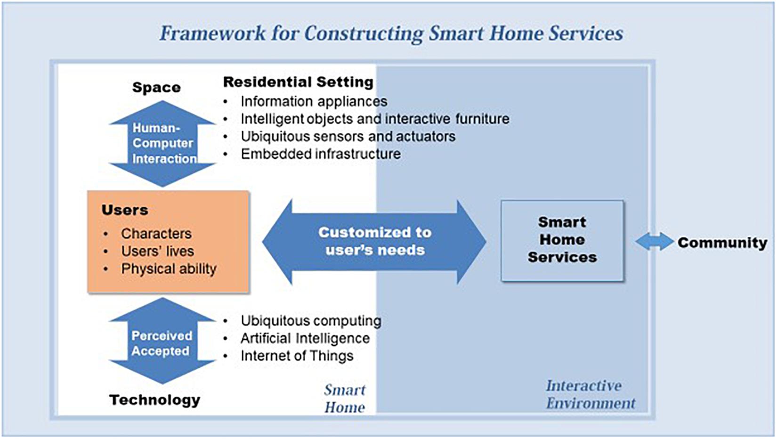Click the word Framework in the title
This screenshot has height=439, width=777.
tap(213, 33)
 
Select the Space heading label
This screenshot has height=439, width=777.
tap(156, 88)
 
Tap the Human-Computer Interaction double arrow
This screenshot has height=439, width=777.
tap(162, 144)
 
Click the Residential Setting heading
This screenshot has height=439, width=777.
tap(298, 82)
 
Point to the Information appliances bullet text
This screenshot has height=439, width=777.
tap(314, 102)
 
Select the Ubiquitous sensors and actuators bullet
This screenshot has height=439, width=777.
tap(348, 137)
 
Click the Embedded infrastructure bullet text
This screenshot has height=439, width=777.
tap(321, 154)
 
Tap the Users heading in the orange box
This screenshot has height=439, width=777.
tap(125, 210)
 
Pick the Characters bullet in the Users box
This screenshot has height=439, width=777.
tap(156, 234)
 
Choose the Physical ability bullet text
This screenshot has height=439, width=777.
tap(169, 269)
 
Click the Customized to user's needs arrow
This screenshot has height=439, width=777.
tap(374, 242)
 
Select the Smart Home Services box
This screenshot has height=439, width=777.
tap(562, 241)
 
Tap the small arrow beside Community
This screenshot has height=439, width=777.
tap(655, 242)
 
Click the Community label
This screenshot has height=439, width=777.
tap(722, 243)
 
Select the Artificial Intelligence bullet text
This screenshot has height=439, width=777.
tap(305, 338)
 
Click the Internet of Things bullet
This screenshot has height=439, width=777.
tap(297, 356)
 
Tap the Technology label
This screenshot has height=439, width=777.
tap(155, 400)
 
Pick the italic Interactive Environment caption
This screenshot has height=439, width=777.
tap(591, 395)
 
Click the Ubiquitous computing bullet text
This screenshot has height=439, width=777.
tap(311, 321)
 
